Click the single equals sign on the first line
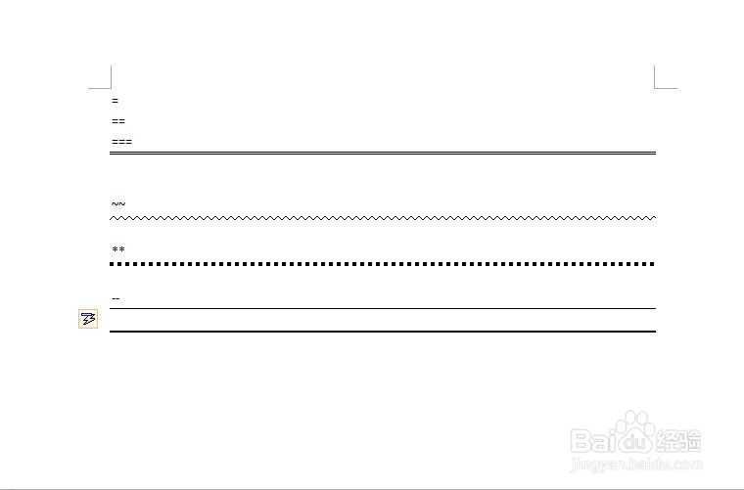(115, 101)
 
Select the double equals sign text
(118, 121)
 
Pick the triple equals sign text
(122, 142)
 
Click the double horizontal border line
(383, 154)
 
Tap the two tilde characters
(118, 203)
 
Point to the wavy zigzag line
(383, 218)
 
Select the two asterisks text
(118, 248)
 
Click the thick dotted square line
(383, 264)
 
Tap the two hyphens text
(116, 298)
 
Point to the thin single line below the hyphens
(383, 308)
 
